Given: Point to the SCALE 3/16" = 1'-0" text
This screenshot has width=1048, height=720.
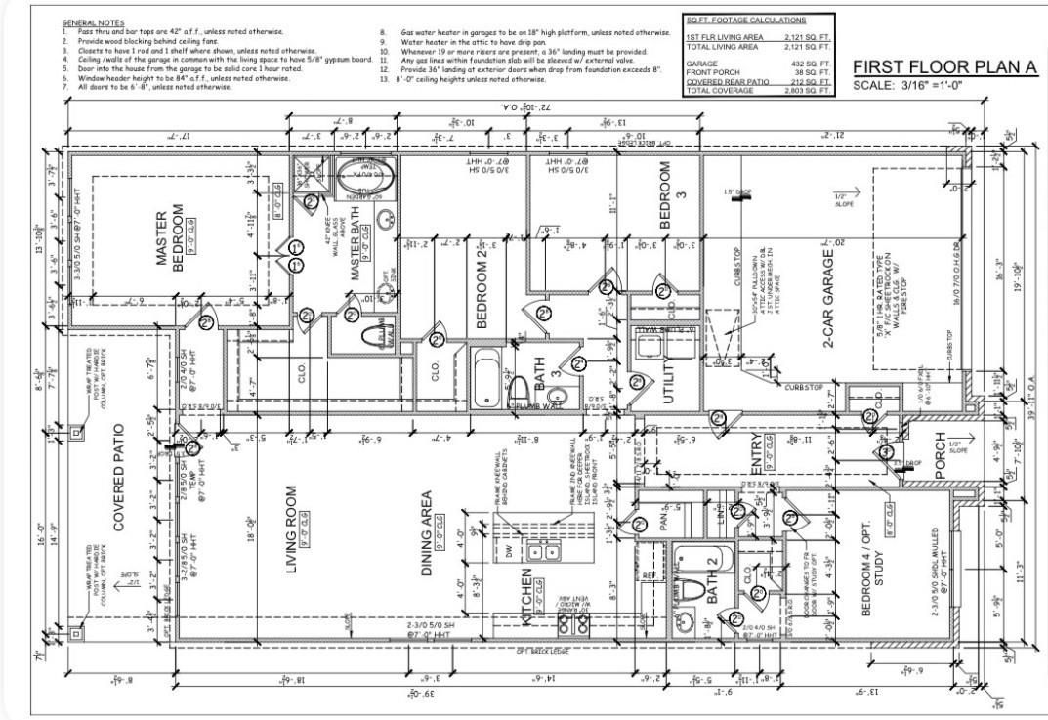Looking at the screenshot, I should [908, 86].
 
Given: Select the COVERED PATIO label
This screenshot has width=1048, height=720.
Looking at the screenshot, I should [118, 477].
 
